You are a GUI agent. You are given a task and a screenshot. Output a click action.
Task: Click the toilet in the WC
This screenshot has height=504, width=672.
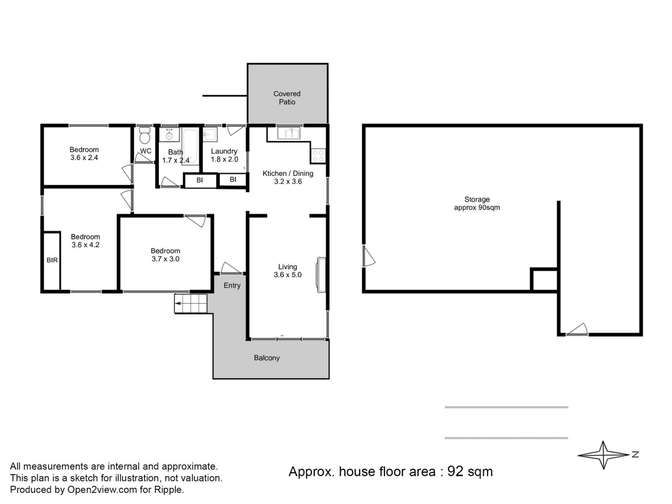click(145, 135)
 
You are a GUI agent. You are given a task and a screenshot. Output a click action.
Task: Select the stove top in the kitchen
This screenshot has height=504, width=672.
click(318, 155)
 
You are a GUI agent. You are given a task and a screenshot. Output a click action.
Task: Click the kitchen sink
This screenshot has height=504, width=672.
click(289, 133)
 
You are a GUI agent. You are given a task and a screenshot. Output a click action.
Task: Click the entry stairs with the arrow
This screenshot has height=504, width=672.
click(191, 303)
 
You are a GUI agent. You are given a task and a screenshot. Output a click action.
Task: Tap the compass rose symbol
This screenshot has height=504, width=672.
click(603, 455)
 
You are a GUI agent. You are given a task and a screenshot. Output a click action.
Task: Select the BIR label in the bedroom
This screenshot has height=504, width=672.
click(52, 260)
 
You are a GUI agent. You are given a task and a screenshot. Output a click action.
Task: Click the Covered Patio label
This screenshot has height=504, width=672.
click(287, 98)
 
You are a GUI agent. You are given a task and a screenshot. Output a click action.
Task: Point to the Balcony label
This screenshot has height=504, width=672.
click(267, 358)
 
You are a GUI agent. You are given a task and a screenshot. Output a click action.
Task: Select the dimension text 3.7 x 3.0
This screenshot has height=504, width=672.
click(166, 259)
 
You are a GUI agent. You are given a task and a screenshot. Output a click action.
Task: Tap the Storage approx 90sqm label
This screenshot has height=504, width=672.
click(477, 203)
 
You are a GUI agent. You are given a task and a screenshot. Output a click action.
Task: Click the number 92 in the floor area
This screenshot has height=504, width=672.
click(455, 472)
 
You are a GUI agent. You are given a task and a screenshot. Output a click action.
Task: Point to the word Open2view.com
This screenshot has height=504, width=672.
click(102, 490)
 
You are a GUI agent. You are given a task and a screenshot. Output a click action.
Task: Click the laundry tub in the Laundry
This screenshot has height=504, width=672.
click(210, 134)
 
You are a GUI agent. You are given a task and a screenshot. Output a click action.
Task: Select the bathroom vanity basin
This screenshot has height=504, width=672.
click(169, 134)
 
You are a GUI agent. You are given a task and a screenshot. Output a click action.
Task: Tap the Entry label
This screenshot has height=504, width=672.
click(232, 286)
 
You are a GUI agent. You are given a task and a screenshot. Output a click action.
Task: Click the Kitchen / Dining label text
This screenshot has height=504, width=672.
click(288, 174)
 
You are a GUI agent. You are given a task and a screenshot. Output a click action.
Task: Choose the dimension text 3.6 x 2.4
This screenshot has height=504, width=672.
click(84, 158)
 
